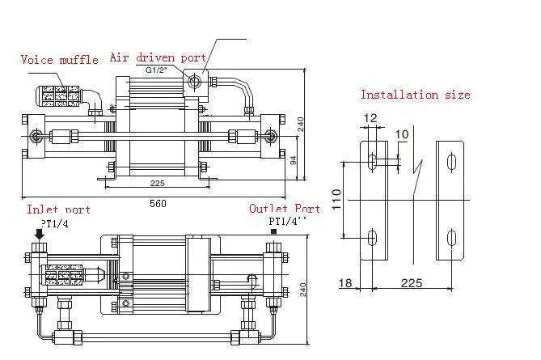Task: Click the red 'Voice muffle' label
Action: (59, 60)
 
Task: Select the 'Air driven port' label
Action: (158, 58)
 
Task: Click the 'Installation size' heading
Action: (415, 95)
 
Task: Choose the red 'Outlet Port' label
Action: (284, 209)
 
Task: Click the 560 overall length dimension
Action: (157, 203)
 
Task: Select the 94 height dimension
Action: (294, 160)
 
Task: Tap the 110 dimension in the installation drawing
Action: (336, 195)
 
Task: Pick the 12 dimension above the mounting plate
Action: (370, 118)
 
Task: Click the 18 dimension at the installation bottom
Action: (346, 284)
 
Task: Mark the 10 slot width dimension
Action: (402, 133)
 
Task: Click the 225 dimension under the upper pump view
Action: (158, 183)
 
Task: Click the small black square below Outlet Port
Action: (273, 232)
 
